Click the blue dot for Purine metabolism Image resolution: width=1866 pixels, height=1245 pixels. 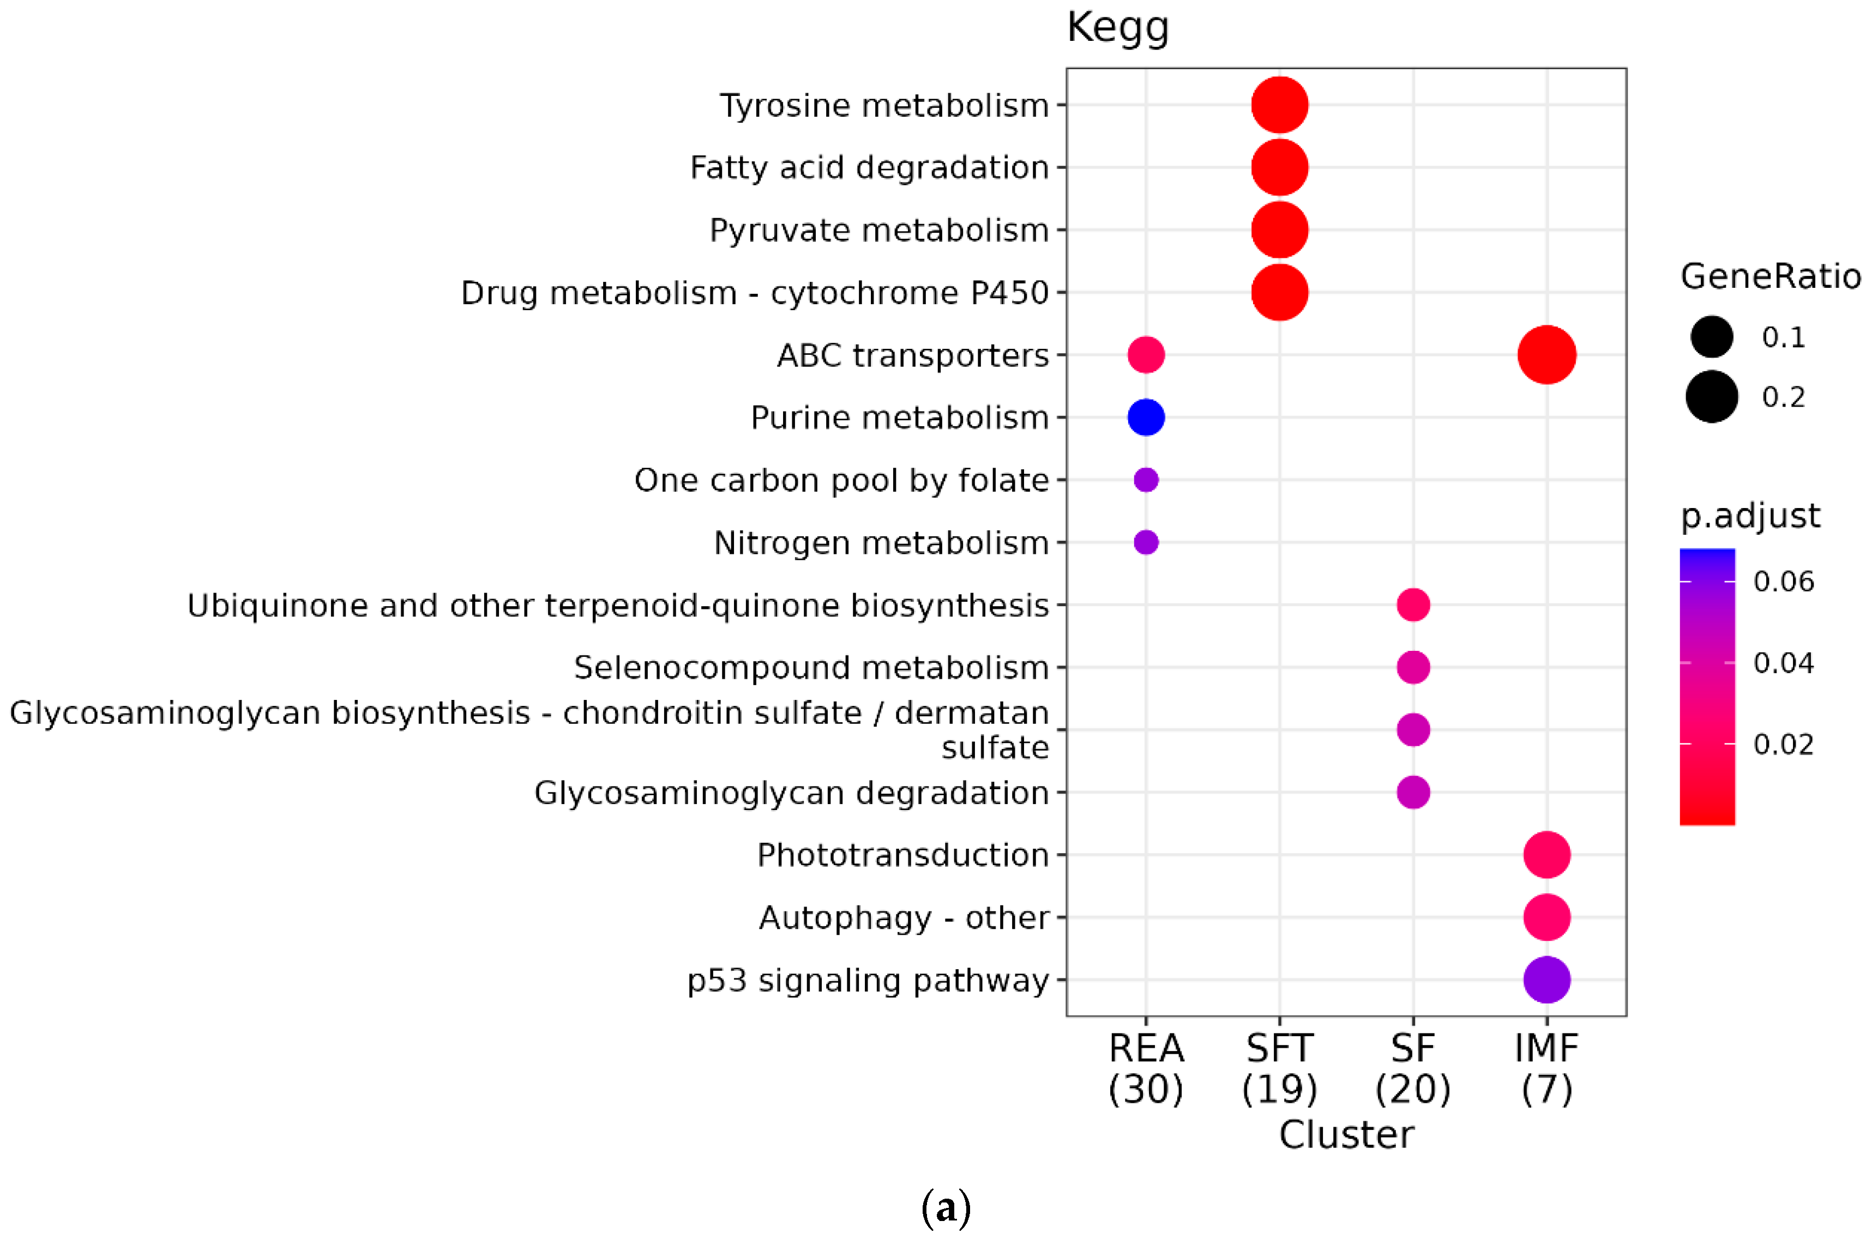(x=1146, y=417)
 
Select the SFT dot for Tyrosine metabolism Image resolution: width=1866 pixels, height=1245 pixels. (x=1279, y=105)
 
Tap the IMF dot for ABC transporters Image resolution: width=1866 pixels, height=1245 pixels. (x=1546, y=355)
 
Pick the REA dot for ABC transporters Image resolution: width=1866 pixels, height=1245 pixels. (x=1146, y=355)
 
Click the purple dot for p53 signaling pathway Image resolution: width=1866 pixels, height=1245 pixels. (x=1546, y=980)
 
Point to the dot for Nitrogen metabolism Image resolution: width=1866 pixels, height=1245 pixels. (x=1146, y=542)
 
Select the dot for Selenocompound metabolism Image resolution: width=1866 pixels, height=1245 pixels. (x=1413, y=667)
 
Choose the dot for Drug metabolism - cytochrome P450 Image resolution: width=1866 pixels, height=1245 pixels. (x=1279, y=292)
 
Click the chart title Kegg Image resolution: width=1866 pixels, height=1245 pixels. (x=1117, y=28)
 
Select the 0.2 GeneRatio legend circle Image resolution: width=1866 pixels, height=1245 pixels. (x=1711, y=396)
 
